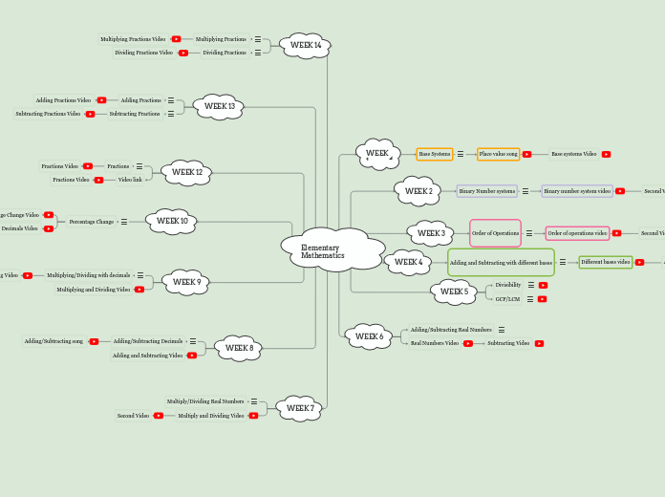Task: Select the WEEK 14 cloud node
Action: [x=306, y=46]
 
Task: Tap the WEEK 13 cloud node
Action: [x=219, y=107]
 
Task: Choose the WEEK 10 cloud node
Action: [x=172, y=222]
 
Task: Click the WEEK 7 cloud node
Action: [x=300, y=409]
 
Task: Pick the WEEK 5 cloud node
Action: [x=454, y=292]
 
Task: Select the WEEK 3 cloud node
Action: [x=431, y=233]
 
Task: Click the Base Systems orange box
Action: [x=435, y=154]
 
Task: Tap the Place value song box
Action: [x=498, y=154]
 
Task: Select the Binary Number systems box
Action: [x=486, y=191]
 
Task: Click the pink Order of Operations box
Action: [x=495, y=233]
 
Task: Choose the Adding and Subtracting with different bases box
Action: [x=501, y=262]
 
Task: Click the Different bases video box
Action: [x=606, y=262]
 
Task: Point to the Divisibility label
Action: [x=508, y=285]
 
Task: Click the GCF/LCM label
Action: [x=507, y=299]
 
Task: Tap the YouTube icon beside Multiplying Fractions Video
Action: [x=176, y=39]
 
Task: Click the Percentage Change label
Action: [x=91, y=222]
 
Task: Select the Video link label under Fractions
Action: [x=130, y=180]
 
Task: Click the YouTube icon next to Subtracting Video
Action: [x=539, y=343]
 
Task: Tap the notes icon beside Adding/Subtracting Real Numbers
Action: [x=501, y=330]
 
